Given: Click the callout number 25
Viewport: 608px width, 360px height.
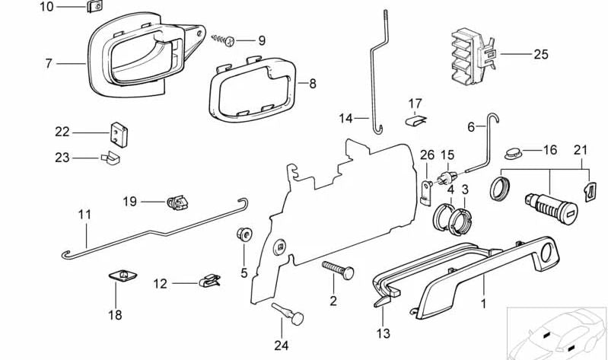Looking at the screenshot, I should [x=540, y=55].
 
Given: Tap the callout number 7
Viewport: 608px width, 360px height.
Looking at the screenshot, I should [x=49, y=63].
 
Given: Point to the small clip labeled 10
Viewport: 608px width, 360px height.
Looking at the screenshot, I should [x=96, y=8].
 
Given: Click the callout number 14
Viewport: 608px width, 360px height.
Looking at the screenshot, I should [x=346, y=118].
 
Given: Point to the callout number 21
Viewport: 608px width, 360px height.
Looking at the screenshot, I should [x=581, y=150].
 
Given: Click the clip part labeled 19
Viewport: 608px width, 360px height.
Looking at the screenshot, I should [x=177, y=203].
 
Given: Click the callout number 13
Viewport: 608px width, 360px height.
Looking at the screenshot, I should [x=383, y=333].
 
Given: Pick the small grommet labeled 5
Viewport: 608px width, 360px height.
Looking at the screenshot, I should [x=244, y=234].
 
